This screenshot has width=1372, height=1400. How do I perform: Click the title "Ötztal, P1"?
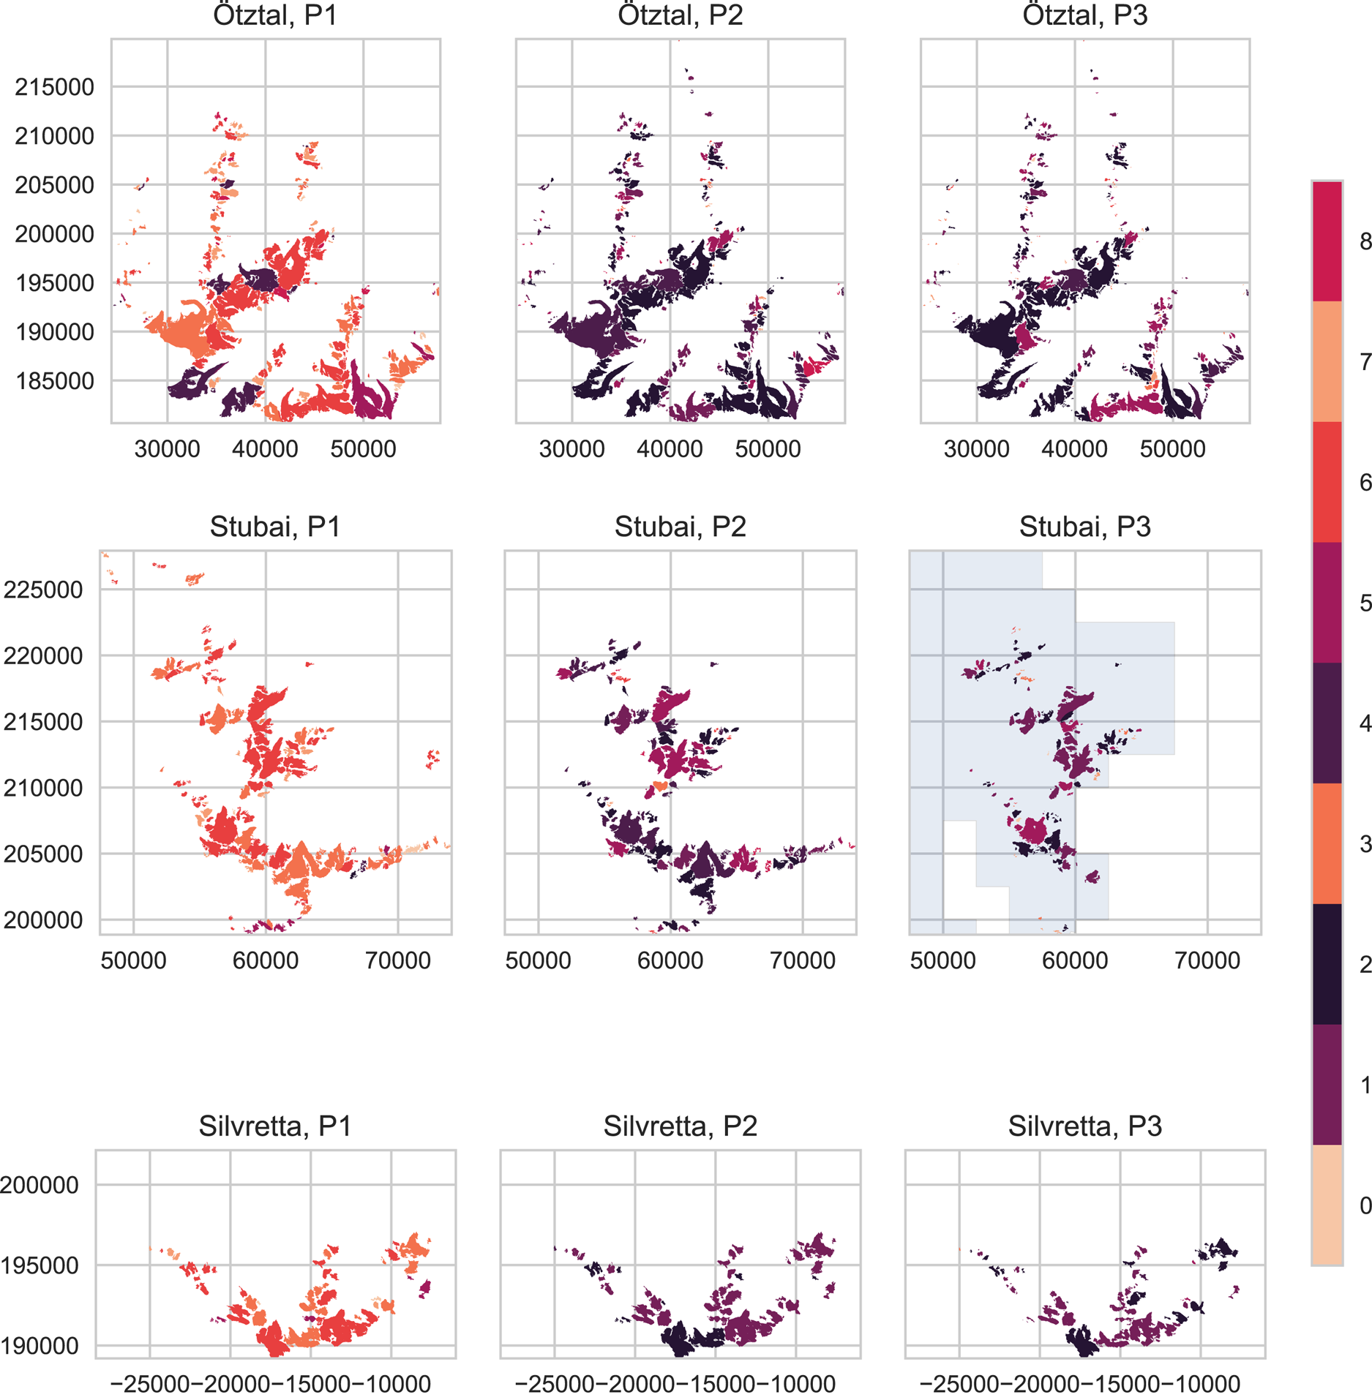(275, 15)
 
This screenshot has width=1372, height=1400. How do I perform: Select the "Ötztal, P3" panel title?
(1084, 15)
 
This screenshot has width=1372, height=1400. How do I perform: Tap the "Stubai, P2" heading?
(680, 527)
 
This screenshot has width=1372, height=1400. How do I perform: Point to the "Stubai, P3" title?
(1084, 527)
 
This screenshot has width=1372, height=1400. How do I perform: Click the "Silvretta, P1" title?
(275, 1126)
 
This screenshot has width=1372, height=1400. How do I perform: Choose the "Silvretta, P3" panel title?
(1084, 1126)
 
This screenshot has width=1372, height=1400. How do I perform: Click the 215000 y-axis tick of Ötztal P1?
(54, 87)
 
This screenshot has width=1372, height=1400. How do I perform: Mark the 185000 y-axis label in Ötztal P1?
(54, 381)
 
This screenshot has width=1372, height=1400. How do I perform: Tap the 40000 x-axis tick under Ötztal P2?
(670, 448)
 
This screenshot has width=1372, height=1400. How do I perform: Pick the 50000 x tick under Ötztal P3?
(1172, 448)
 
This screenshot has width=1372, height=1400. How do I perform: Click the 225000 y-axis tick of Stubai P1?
(43, 590)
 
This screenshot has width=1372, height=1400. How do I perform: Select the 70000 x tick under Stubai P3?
(1207, 960)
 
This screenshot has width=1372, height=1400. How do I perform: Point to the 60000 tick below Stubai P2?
(670, 960)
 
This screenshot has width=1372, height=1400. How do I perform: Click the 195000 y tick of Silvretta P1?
(40, 1266)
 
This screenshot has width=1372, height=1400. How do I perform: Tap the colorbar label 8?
(1365, 241)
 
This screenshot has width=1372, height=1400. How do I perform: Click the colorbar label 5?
(1365, 603)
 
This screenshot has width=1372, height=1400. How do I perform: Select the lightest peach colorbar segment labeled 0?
(1327, 1205)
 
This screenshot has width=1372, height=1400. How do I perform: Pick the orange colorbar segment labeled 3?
(1327, 843)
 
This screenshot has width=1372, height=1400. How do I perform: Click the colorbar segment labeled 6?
(1327, 482)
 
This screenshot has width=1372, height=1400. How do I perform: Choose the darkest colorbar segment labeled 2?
(1327, 964)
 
